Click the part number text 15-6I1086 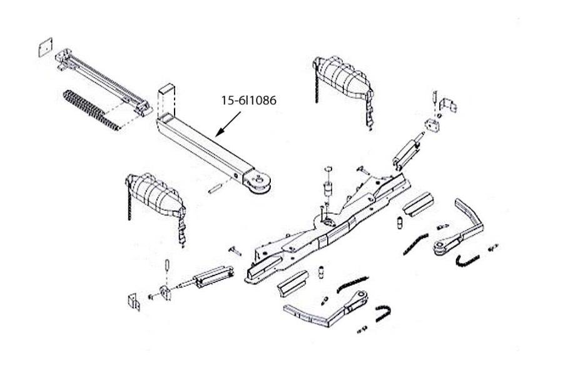pos(249,99)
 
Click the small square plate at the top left pos(43,48)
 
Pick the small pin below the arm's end pos(213,186)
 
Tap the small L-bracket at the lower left pos(133,301)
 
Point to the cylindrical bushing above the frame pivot pos(326,188)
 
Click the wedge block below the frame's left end pos(293,285)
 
